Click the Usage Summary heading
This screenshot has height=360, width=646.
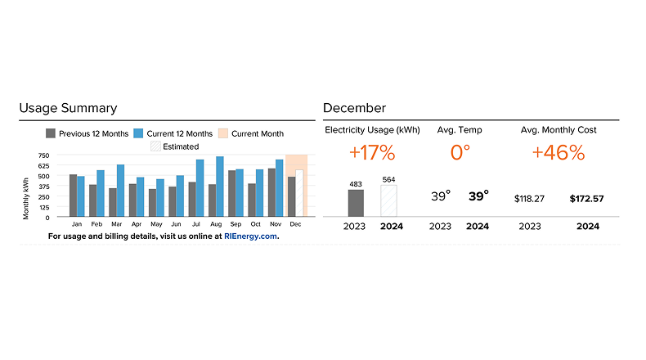pos(68,108)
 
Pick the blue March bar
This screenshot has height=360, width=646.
pos(120,191)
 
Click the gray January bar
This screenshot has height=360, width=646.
pos(73,196)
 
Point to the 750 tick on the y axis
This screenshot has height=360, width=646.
pos(43,155)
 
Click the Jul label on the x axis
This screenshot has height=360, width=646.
pos(195,223)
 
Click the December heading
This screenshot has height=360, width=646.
pos(354,108)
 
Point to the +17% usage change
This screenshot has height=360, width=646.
pos(372,153)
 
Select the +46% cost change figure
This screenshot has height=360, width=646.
pos(559,153)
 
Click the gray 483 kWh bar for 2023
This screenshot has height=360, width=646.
pos(356,203)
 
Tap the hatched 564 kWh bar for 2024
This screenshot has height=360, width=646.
pos(388,200)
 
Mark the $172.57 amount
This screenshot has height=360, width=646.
pos(593,199)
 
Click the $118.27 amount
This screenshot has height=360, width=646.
pos(529,199)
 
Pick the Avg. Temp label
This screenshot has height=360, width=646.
pos(459,130)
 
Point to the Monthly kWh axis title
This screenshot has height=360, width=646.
pos(26,196)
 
